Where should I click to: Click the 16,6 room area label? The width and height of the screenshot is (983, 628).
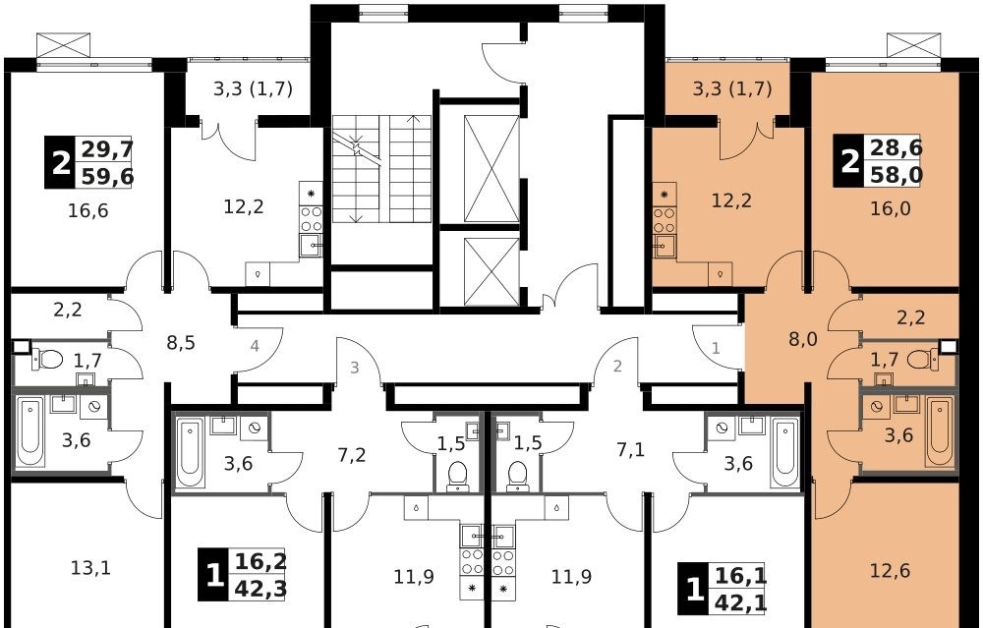[87, 211]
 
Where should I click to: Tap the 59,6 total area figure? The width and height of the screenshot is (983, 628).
[107, 177]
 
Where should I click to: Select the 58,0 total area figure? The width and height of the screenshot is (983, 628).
[896, 174]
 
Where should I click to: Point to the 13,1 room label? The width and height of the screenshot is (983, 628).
[90, 568]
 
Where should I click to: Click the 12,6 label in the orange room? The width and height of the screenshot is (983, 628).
[891, 571]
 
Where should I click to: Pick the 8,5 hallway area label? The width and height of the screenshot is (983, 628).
[181, 343]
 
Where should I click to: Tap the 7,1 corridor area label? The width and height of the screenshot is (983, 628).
[631, 450]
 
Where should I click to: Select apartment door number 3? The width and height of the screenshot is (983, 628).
[354, 368]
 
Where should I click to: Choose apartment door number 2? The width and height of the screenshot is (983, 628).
[617, 366]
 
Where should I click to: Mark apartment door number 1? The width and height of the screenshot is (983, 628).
[716, 348]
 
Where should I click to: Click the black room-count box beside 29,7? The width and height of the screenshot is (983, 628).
[60, 162]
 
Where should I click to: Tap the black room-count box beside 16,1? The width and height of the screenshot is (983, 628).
[693, 590]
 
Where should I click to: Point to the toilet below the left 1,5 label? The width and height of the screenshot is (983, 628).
[458, 475]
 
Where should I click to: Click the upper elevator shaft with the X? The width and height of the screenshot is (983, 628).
[491, 169]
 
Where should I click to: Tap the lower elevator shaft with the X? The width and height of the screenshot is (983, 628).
[491, 271]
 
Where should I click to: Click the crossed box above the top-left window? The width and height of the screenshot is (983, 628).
[63, 45]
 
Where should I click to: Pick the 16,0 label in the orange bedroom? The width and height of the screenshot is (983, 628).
[891, 209]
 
